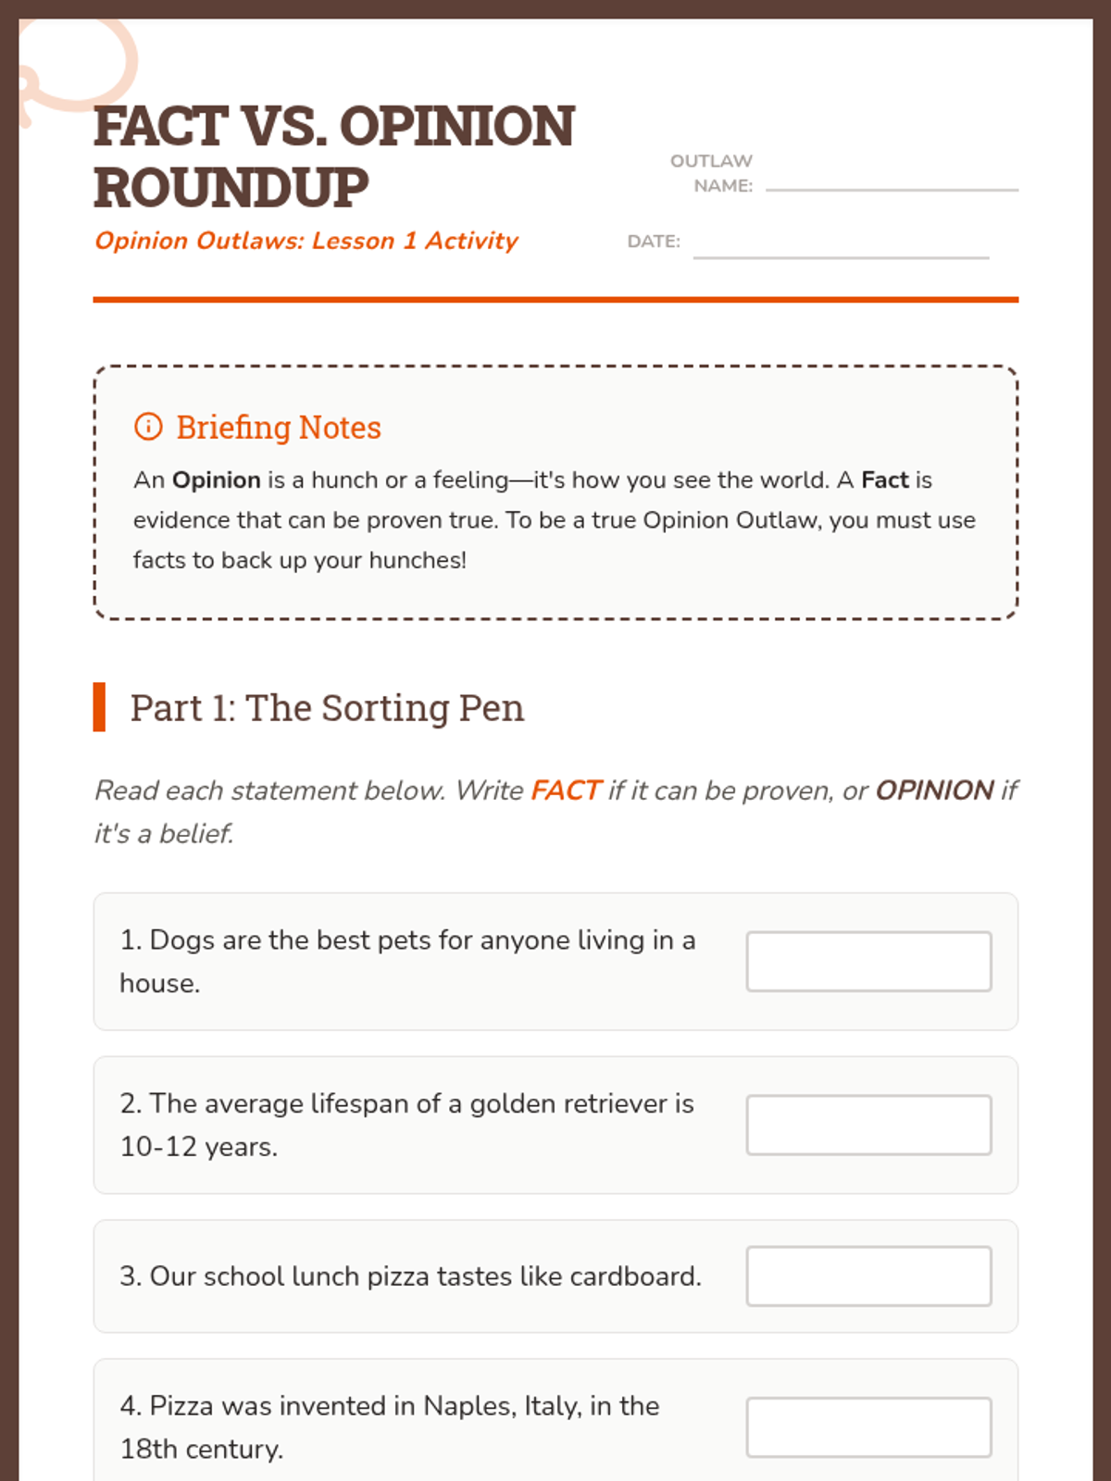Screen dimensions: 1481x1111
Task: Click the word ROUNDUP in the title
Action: coord(231,188)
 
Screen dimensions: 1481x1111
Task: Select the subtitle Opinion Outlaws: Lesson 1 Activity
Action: coord(306,241)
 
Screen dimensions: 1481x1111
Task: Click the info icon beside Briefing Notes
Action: coord(148,427)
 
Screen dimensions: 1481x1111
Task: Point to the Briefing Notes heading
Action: coord(279,428)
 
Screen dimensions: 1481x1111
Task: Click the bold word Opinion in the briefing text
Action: coord(217,480)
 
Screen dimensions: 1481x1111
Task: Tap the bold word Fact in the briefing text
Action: coord(885,480)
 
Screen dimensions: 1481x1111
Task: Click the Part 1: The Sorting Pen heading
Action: coord(327,708)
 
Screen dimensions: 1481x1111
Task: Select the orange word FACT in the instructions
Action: coord(566,790)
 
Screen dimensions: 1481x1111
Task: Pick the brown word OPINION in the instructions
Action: coord(934,790)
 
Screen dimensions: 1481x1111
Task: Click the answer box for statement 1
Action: coord(868,962)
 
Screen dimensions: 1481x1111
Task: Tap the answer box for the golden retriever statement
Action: coord(868,1125)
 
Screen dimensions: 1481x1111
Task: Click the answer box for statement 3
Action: coord(868,1276)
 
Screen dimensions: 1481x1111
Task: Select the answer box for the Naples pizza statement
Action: coord(868,1427)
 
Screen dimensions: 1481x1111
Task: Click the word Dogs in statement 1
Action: coord(182,940)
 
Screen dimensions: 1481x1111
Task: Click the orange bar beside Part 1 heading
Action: coord(99,707)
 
